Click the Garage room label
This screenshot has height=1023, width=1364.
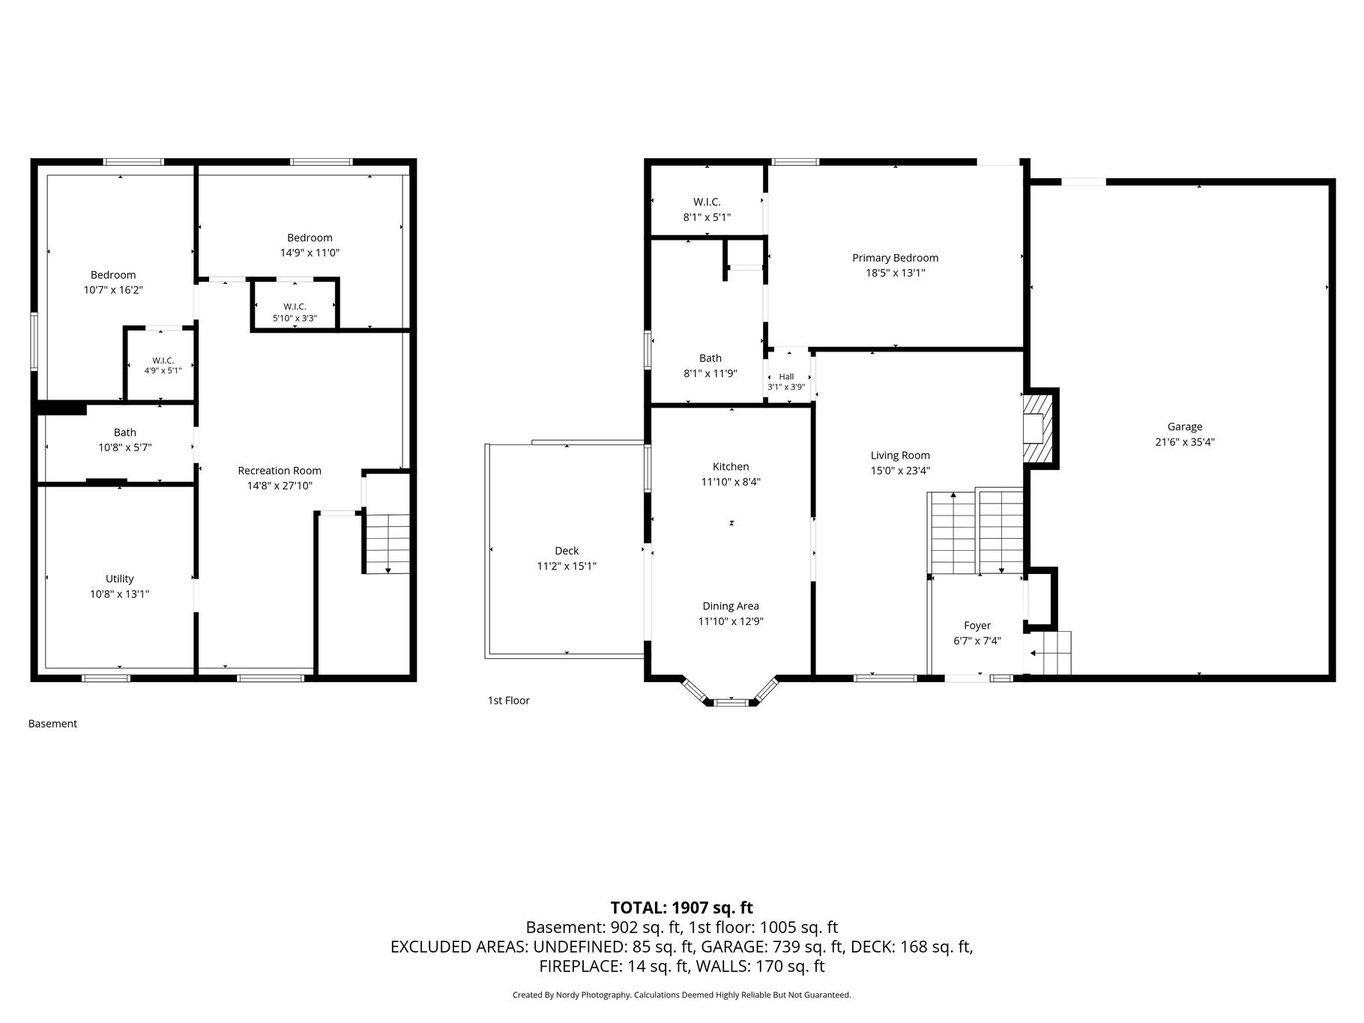tap(1184, 426)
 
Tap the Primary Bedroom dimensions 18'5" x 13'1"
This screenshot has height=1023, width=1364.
tap(896, 274)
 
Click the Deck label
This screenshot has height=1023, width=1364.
tap(567, 551)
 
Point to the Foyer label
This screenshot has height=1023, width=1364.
tap(977, 626)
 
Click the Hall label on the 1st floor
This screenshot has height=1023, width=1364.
tap(786, 376)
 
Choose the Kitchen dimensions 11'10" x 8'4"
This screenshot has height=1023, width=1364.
tap(731, 482)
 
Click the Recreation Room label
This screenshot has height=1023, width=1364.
tap(280, 471)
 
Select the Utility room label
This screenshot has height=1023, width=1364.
tap(120, 579)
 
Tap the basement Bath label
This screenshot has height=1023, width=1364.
tap(125, 432)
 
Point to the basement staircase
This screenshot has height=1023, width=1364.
tap(387, 543)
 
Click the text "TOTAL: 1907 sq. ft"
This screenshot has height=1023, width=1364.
tap(681, 908)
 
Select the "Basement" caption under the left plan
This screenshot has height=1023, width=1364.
tap(52, 724)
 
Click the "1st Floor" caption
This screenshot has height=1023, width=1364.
tap(509, 701)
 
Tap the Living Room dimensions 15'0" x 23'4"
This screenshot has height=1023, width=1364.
tap(900, 471)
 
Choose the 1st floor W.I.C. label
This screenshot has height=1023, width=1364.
tap(707, 202)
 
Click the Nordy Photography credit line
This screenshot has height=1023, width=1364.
tap(682, 995)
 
